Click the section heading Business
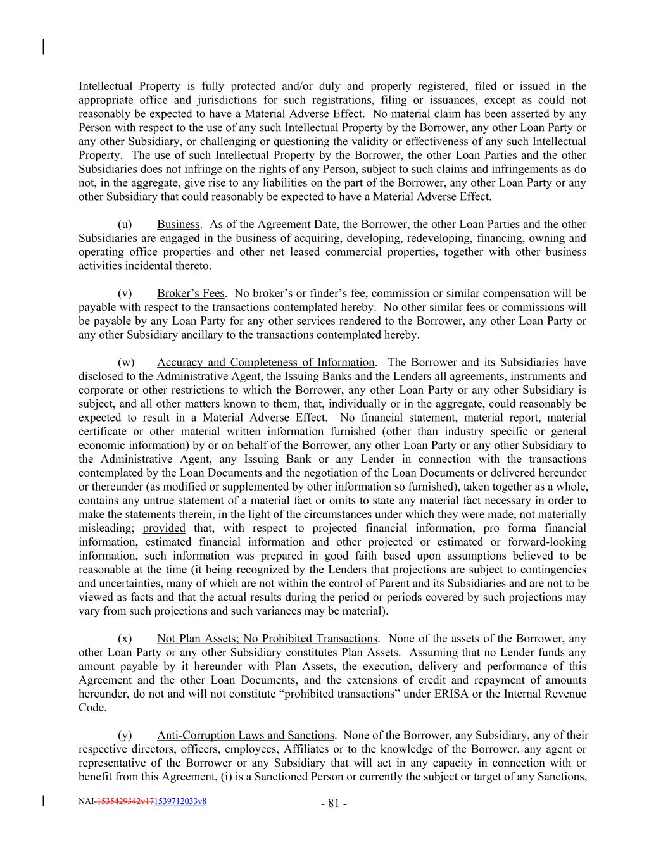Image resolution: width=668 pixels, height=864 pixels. (178, 225)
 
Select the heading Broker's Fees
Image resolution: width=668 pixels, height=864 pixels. (191, 294)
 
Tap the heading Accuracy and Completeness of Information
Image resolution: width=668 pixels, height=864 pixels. (265, 363)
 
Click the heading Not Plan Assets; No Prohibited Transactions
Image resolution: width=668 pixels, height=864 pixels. (267, 639)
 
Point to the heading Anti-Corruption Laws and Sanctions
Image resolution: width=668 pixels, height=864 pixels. (245, 736)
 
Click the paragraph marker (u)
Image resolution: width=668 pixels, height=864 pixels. (125, 225)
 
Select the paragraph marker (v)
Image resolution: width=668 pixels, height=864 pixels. (125, 294)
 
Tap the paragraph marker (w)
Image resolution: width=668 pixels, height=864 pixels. (126, 363)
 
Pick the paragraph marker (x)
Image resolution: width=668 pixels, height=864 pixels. (125, 639)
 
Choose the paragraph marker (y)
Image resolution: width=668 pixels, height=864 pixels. (125, 736)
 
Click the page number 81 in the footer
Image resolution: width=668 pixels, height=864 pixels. (334, 804)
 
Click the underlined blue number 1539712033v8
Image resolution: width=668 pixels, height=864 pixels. (180, 801)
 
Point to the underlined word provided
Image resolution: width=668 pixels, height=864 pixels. (164, 529)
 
